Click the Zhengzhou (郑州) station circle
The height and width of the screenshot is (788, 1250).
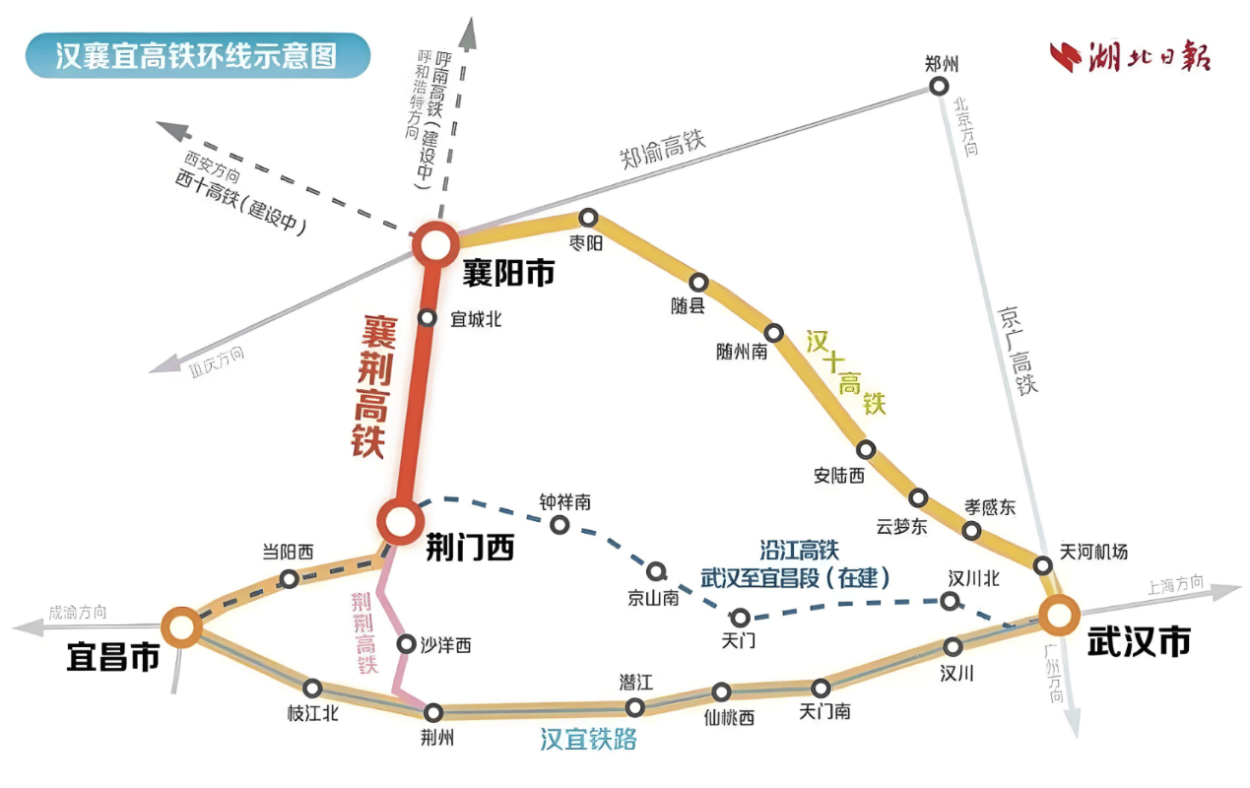tap(939, 87)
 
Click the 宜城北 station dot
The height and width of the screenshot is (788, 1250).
tap(427, 318)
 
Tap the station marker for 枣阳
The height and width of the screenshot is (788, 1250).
tap(588, 218)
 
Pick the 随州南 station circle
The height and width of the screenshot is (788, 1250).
tap(773, 333)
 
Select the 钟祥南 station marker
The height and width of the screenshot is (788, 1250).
tap(559, 525)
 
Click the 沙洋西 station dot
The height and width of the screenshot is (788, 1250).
tap(406, 644)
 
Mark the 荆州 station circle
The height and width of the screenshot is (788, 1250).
tap(433, 713)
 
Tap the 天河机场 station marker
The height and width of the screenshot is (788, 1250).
tap(1042, 566)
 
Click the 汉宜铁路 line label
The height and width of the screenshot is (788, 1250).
tap(588, 740)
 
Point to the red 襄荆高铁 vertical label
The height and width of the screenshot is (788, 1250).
tap(372, 387)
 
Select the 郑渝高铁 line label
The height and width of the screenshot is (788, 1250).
tap(663, 149)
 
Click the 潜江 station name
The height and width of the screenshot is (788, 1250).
tap(635, 682)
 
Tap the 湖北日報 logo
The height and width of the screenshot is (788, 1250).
tap(1130, 56)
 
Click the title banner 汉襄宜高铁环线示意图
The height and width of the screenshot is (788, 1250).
tap(198, 55)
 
